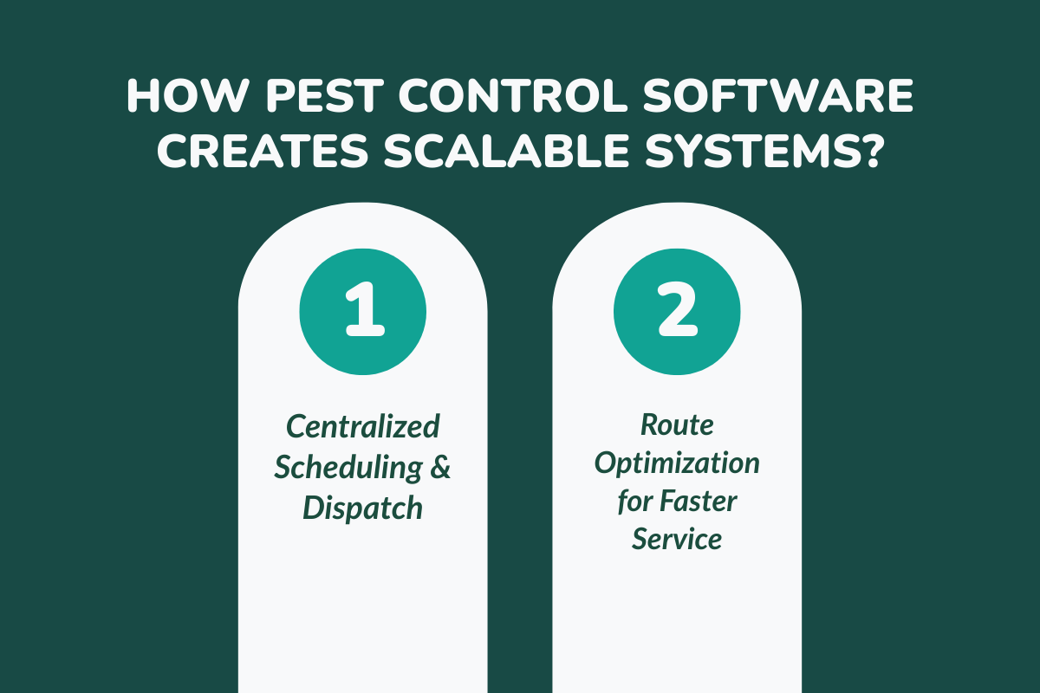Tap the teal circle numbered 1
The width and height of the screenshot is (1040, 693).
(362, 310)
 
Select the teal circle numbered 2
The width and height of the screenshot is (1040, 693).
(677, 310)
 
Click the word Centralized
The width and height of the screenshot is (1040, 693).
(362, 426)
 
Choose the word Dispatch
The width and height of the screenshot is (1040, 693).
(362, 508)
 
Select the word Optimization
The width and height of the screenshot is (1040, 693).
(676, 463)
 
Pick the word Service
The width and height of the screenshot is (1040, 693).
(676, 539)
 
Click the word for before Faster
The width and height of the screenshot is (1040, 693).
(634, 501)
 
